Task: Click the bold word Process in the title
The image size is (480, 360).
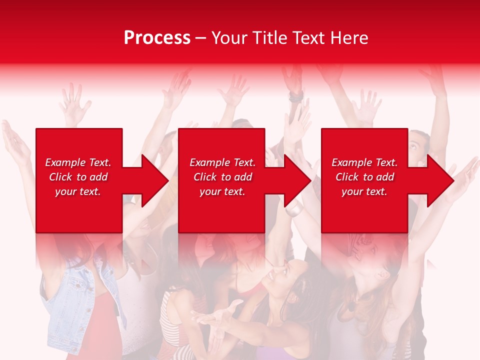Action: [157, 38]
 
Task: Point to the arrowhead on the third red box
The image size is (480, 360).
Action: [438, 180]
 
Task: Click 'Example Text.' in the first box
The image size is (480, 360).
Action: [78, 162]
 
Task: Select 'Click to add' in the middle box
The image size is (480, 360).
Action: [222, 177]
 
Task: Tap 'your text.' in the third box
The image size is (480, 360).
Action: [364, 191]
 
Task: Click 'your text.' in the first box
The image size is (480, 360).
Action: [78, 191]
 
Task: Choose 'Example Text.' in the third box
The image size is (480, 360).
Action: [364, 162]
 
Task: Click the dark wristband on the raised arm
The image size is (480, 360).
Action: [295, 97]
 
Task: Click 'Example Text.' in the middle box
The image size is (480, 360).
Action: [222, 162]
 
